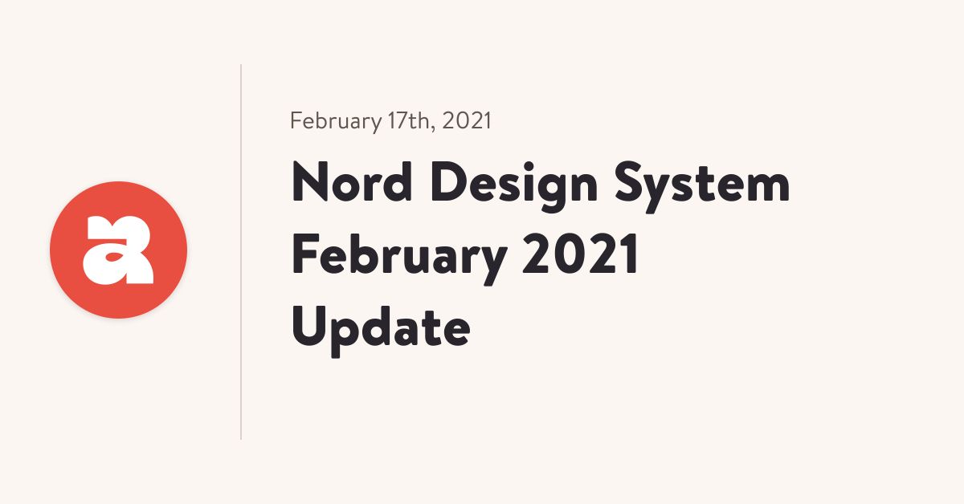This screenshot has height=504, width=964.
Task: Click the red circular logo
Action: (x=118, y=250)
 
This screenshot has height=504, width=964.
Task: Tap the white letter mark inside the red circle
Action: (x=118, y=250)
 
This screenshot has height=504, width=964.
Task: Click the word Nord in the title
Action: (x=352, y=182)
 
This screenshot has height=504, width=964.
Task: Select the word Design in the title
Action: (x=514, y=185)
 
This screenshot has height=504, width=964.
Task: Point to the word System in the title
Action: (x=702, y=187)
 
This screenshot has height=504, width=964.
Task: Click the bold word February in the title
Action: (x=400, y=258)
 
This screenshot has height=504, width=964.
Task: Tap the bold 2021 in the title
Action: (x=580, y=254)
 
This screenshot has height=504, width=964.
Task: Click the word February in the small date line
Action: (x=336, y=122)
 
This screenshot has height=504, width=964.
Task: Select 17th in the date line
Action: (x=409, y=120)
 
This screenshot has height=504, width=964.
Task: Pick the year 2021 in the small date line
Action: (x=467, y=120)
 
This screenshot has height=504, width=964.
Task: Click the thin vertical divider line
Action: (x=241, y=252)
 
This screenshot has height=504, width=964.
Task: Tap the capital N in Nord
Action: (x=310, y=182)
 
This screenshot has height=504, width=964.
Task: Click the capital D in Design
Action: (x=448, y=182)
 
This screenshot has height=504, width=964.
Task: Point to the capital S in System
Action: (x=629, y=181)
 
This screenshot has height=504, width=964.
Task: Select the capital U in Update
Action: (x=309, y=326)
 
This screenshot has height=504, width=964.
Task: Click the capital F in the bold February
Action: (x=305, y=254)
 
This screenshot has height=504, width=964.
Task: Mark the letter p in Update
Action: (x=349, y=337)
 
